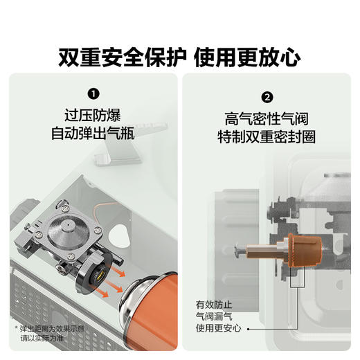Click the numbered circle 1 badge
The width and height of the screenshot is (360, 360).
tap(93, 92)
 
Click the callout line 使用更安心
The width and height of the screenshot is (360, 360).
tap(219, 327)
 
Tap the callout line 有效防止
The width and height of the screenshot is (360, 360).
tap(215, 303)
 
